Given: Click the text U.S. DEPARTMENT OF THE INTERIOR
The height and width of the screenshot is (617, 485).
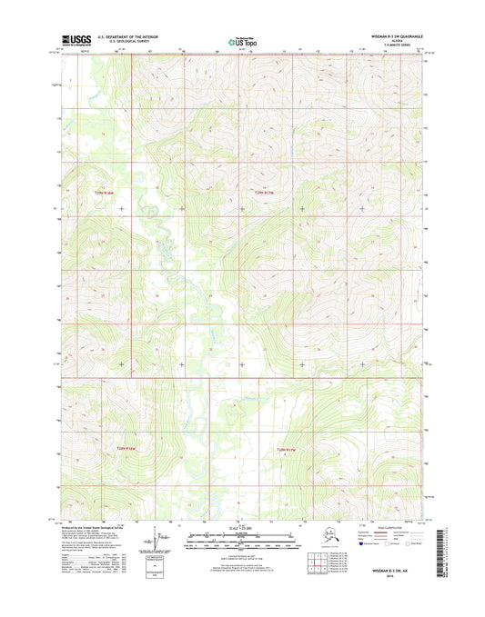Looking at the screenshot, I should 121,37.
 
